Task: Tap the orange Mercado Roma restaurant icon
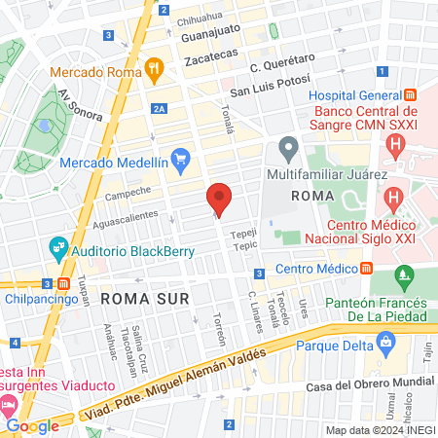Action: point(153,69)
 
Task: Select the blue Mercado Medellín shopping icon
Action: point(180,158)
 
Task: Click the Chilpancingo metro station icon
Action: point(63,283)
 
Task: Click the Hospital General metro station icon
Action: point(411,95)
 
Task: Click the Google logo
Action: point(33,425)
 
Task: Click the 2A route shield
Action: point(160,109)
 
